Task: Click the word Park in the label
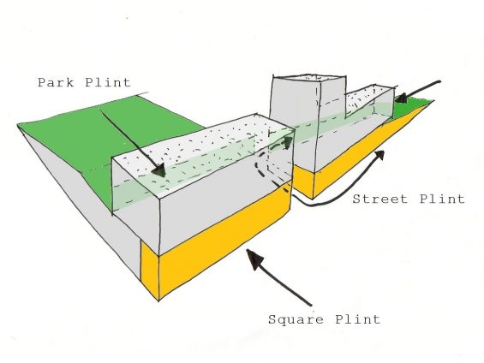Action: (56, 83)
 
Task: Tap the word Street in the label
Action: (380, 199)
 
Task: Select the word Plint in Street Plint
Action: (442, 199)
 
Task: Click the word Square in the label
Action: (296, 319)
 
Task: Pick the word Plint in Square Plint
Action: (358, 318)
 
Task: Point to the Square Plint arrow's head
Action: (254, 259)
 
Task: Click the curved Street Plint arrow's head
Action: (379, 155)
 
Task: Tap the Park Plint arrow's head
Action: (159, 170)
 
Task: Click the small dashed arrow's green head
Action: (288, 142)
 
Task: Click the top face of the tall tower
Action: (308, 78)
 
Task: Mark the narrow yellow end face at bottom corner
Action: (150, 268)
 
